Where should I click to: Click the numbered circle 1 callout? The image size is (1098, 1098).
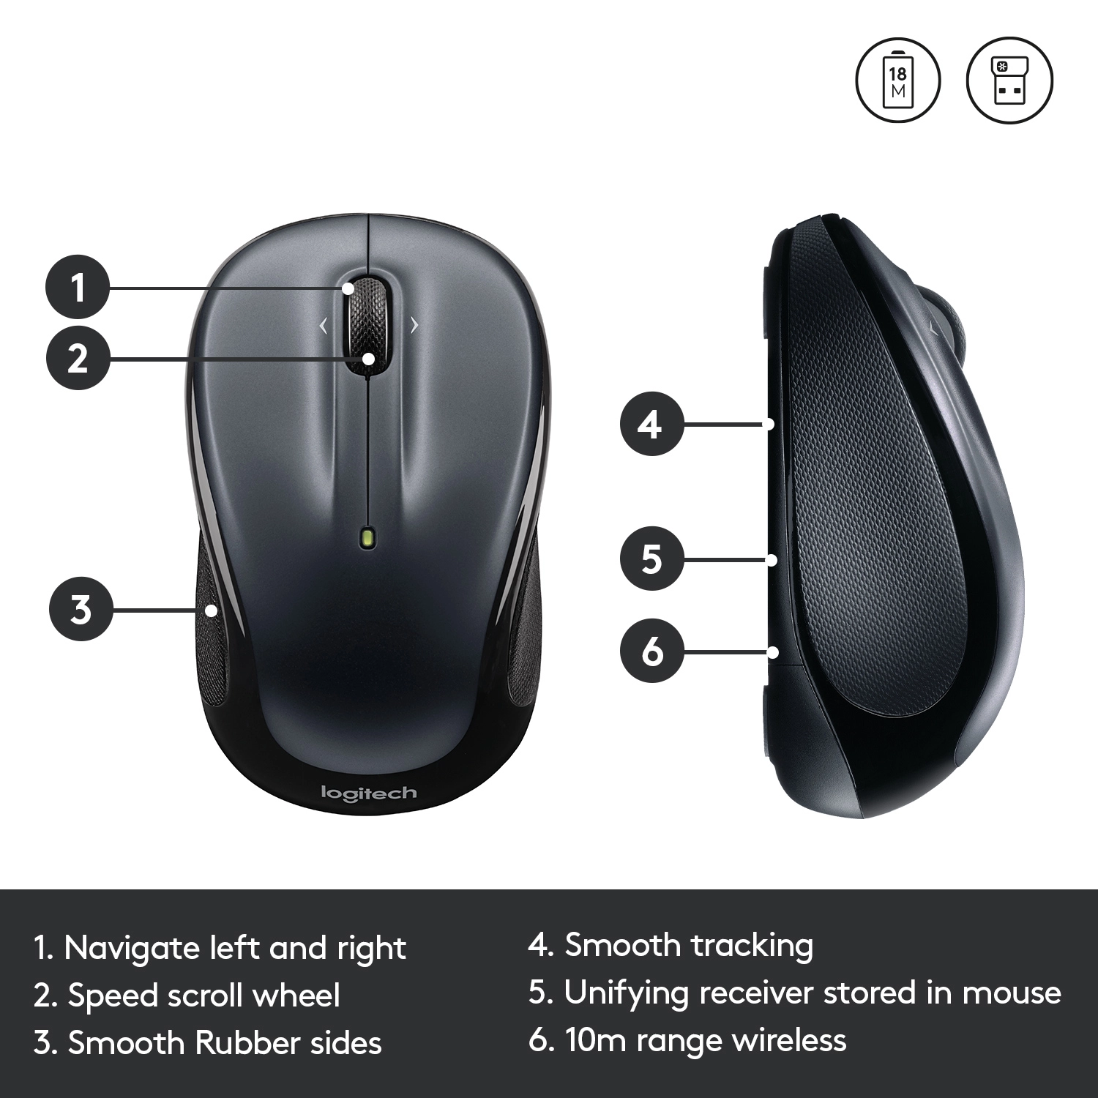[78, 286]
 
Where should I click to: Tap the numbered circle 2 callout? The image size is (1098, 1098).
[78, 358]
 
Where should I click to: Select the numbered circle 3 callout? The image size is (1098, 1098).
[81, 609]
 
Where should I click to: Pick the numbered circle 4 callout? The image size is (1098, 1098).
[651, 424]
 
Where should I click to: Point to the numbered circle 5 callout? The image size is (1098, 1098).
[651, 559]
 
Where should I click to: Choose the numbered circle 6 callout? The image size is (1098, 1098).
[651, 651]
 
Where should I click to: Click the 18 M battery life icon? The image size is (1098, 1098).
[897, 80]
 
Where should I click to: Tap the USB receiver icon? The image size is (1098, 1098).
[1009, 80]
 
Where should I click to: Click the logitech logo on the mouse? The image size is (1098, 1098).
[369, 793]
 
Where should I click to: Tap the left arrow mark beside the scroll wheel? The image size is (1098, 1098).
[324, 326]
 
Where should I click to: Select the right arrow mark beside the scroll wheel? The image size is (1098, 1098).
[415, 325]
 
